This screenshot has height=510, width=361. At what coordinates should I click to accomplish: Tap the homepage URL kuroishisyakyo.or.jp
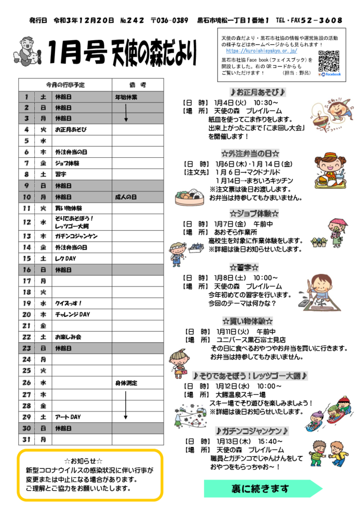click(261, 51)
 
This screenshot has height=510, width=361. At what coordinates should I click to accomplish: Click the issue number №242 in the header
click(132, 20)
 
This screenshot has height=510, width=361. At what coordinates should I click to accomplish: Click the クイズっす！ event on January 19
click(68, 303)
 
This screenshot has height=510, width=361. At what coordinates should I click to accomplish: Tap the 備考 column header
click(136, 85)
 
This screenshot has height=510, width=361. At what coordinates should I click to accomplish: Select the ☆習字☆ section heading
click(244, 267)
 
